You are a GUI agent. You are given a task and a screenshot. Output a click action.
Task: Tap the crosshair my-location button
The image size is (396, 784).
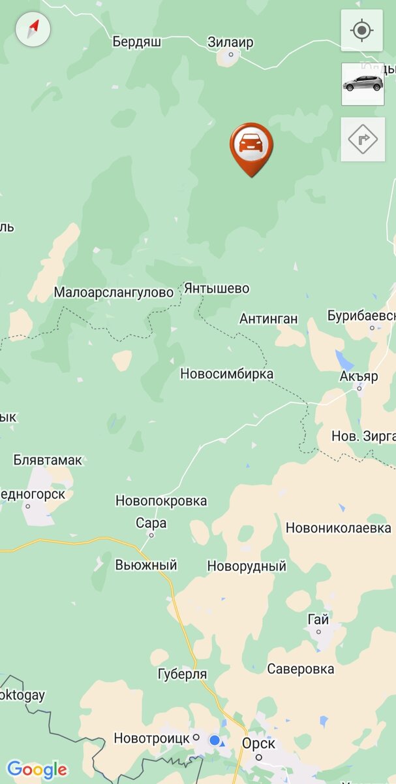tap(361, 30)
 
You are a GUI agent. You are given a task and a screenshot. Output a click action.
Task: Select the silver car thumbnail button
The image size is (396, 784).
tap(362, 84)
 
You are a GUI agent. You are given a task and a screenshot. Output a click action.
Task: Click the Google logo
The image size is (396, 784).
tap(37, 769)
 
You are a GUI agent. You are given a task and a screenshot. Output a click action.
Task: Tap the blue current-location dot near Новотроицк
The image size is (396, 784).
tap(215, 740)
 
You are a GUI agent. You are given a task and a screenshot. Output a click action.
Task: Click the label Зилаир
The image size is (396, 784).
tap(230, 42)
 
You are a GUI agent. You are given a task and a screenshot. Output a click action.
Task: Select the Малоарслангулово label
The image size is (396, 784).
tap(114, 292)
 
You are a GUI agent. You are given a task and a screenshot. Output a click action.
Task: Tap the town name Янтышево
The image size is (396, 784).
tap(217, 288)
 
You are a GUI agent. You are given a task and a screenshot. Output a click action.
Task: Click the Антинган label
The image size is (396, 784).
tap(269, 319)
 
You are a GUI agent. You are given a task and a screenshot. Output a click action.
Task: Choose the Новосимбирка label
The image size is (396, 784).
tap(227, 374)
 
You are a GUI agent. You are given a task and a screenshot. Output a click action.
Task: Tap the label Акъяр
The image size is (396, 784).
tap(359, 377)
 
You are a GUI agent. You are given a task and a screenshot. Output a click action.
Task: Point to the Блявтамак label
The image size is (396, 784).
tap(48, 460)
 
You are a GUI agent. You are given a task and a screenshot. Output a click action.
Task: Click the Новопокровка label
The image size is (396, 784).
tap(161, 501)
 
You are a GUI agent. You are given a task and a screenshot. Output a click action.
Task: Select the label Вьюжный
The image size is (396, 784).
tap(146, 565)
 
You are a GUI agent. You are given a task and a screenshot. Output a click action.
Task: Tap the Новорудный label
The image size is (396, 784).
tap(247, 566)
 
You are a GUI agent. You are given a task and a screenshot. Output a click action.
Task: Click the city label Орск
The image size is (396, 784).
tap(258, 743)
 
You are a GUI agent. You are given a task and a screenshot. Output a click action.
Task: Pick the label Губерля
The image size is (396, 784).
tap(182, 674)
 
